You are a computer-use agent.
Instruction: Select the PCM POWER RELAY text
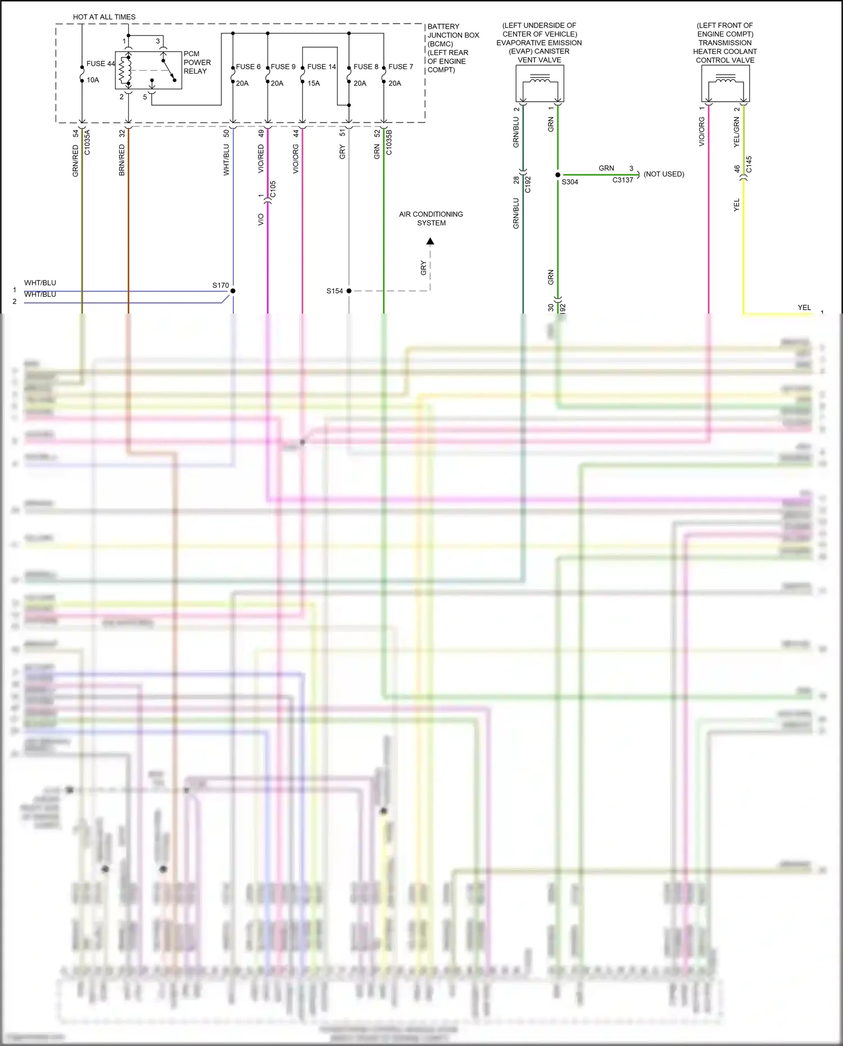point(197,62)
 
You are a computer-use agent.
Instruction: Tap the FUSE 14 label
point(321,66)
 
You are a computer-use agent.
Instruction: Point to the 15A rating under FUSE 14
point(314,83)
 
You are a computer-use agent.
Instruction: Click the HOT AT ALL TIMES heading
point(104,17)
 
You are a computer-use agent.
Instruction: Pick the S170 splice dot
point(233,291)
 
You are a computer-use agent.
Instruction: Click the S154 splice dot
point(349,291)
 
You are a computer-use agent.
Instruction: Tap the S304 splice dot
point(558,175)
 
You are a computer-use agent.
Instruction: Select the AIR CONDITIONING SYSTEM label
point(431,219)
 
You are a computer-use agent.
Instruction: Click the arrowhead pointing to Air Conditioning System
point(430,242)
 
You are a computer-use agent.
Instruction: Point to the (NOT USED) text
point(664,174)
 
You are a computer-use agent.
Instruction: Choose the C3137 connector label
point(623,180)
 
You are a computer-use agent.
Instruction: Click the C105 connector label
point(273,189)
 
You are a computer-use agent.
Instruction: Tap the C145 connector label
point(749,165)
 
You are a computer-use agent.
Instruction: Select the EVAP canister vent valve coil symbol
point(540,84)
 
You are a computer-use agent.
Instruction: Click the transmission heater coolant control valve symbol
point(726,84)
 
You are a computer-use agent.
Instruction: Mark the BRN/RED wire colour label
point(122,160)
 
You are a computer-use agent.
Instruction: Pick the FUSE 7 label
point(401,66)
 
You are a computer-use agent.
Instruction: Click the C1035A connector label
point(87,142)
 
